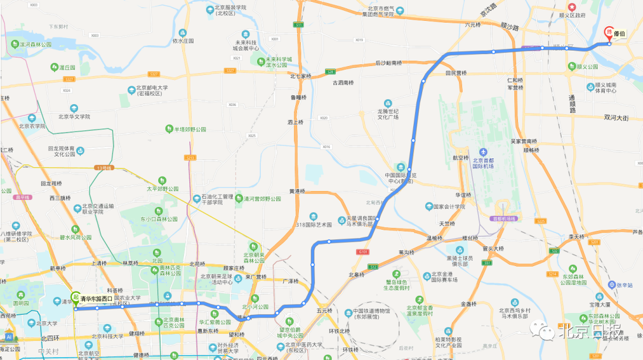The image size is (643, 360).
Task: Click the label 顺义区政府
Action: [572, 15]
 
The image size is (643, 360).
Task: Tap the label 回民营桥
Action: [456, 73]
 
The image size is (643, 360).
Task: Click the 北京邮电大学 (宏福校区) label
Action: [152, 90]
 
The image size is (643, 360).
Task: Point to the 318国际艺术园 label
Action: [313, 224]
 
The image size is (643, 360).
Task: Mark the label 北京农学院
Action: [32, 126]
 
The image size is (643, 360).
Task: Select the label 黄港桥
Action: [296, 191]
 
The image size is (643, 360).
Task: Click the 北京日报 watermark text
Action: [587, 330]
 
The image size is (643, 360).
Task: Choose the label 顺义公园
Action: [587, 67]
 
